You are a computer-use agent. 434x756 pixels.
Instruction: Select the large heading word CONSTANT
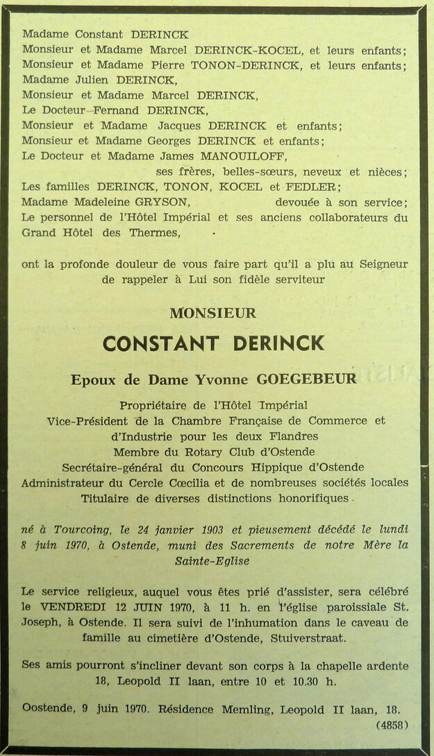pos(161,343)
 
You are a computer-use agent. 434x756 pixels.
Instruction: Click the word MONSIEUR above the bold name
pos(212,313)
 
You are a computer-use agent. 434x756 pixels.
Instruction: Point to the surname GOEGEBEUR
pos(317,379)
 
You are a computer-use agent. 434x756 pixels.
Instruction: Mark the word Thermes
pos(153,232)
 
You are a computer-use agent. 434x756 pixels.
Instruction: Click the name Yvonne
pos(229,379)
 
